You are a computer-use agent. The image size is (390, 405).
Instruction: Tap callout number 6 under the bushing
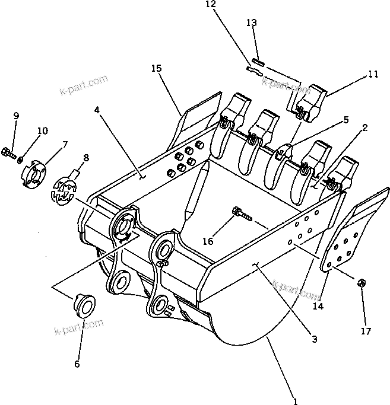tap(77, 365)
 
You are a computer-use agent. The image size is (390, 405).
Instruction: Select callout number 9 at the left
tap(16, 115)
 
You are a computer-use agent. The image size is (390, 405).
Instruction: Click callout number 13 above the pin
tap(252, 23)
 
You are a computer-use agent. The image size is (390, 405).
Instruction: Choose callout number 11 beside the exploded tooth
tap(373, 75)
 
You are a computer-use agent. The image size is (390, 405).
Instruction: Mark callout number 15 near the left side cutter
tap(156, 69)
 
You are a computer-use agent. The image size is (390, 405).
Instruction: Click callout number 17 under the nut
tap(366, 331)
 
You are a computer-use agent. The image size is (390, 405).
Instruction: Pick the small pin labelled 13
tap(258, 60)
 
